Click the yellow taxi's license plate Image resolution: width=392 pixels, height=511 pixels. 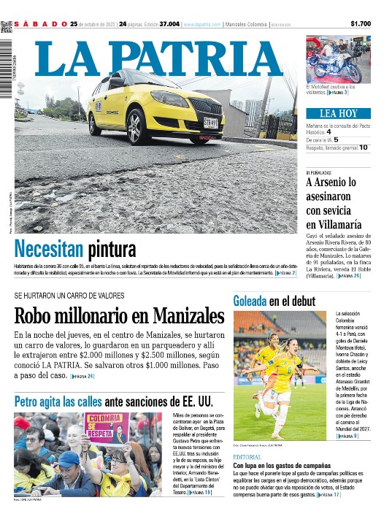[210, 123]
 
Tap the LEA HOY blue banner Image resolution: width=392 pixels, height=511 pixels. [338, 113]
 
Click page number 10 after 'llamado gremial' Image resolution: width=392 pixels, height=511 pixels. [363, 147]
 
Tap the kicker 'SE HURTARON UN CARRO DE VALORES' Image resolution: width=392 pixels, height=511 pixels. [69, 296]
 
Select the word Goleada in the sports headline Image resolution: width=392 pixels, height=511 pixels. [250, 301]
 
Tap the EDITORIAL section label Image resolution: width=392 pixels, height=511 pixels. [247, 456]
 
